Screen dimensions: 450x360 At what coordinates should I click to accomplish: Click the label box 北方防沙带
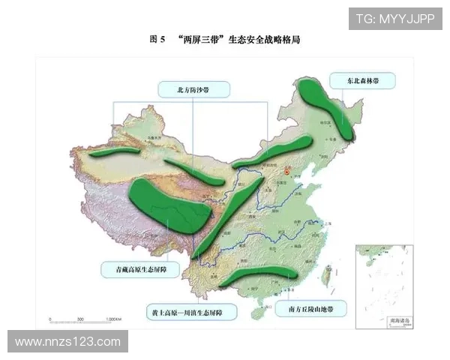(193, 88)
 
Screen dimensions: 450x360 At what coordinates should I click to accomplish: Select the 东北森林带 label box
(368, 80)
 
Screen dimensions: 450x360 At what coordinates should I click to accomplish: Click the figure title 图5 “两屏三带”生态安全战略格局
(225, 40)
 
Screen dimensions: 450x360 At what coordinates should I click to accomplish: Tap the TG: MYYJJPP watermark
(394, 18)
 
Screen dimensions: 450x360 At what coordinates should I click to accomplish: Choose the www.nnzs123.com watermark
(67, 342)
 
